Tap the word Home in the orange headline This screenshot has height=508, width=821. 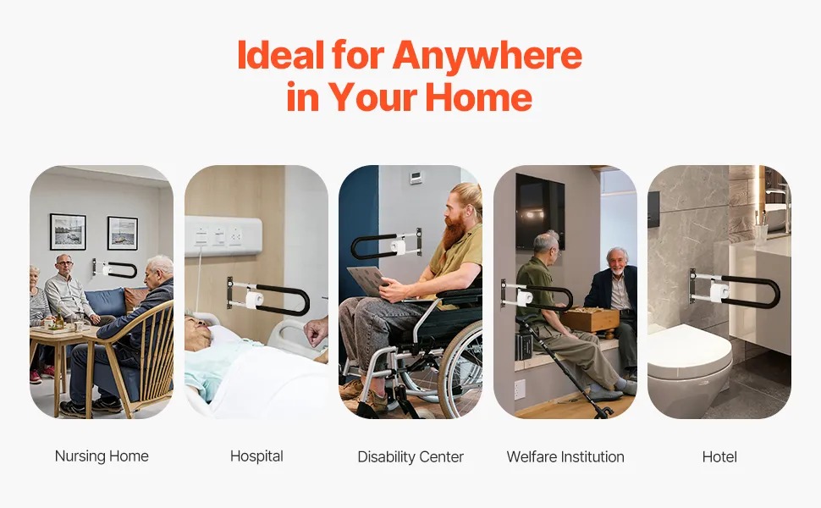[478, 97]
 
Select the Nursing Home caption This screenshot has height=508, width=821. [102, 456]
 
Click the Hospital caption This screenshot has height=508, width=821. [256, 456]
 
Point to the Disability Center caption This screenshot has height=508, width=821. [410, 456]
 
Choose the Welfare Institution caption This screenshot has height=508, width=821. [565, 456]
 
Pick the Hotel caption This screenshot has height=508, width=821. [719, 456]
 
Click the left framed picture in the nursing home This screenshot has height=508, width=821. [68, 231]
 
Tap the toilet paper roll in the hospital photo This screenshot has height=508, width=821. [255, 300]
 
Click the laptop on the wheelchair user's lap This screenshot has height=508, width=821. [369, 280]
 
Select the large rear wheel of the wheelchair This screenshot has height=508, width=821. [460, 369]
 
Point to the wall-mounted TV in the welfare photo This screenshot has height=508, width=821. [540, 211]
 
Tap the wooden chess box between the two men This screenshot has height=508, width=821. [590, 319]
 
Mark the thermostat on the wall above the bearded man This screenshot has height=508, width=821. [416, 178]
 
